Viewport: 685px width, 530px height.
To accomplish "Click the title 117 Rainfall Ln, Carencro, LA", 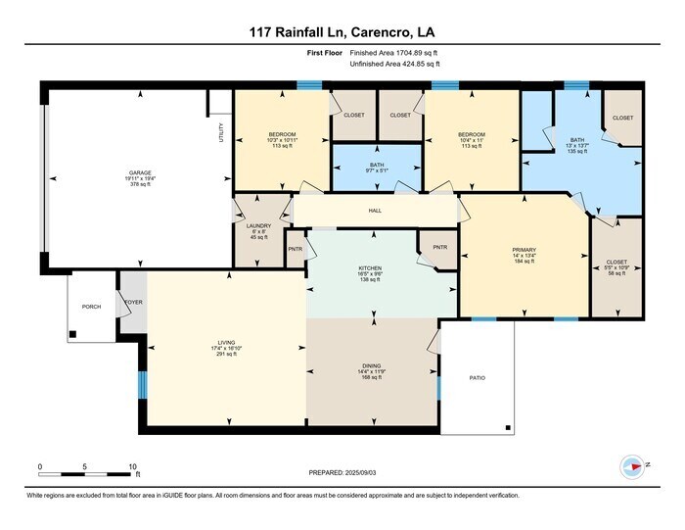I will pyautogui.click(x=342, y=31).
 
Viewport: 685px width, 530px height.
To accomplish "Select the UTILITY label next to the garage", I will pyautogui.click(x=222, y=131).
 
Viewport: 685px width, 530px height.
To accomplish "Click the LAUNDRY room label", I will pyautogui.click(x=258, y=225).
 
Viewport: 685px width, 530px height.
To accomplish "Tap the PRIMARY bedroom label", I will pyautogui.click(x=525, y=250).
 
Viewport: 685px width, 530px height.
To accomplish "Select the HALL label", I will pyautogui.click(x=374, y=210).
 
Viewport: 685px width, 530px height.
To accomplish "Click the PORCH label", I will pyautogui.click(x=91, y=307).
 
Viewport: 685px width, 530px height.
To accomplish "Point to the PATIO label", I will pyautogui.click(x=477, y=378).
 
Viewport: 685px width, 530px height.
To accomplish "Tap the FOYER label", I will pyautogui.click(x=132, y=302).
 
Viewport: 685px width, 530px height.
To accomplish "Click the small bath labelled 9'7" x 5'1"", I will pyautogui.click(x=376, y=165).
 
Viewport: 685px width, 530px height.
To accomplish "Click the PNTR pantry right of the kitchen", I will pyautogui.click(x=439, y=247).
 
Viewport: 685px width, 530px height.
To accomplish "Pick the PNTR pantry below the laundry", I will pyautogui.click(x=295, y=249).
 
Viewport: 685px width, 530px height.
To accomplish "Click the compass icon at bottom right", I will pyautogui.click(x=635, y=466).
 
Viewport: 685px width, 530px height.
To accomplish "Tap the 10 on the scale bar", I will pyautogui.click(x=132, y=467).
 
